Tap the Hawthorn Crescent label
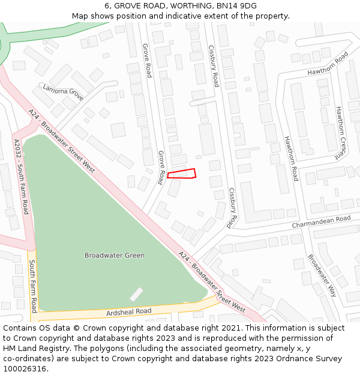click(x=341, y=133)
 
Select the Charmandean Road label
click(x=321, y=222)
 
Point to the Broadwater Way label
click(x=322, y=275)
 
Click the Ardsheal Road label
click(x=128, y=312)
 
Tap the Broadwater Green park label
click(x=114, y=255)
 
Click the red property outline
click(x=182, y=174)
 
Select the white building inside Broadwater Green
click(x=137, y=294)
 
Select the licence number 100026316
click(x=25, y=369)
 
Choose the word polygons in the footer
click(x=125, y=349)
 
